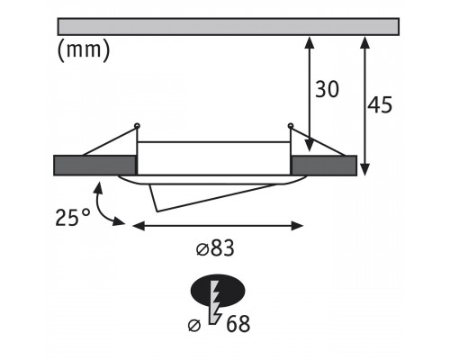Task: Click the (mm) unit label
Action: click(x=84, y=49)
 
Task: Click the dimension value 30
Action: click(x=327, y=89)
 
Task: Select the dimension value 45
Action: click(x=380, y=105)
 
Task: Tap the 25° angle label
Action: click(x=73, y=217)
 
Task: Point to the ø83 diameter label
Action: click(x=215, y=248)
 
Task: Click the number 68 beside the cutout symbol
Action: click(x=238, y=324)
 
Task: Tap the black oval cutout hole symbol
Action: click(x=218, y=290)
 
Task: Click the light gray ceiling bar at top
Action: click(x=228, y=26)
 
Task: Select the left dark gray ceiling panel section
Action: click(x=94, y=166)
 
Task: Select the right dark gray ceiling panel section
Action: click(x=324, y=166)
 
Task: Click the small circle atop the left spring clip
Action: click(x=137, y=125)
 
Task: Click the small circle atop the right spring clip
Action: click(x=290, y=125)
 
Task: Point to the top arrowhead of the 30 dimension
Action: click(x=310, y=41)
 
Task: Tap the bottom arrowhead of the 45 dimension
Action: click(x=364, y=169)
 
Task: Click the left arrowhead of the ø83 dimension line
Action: click(x=139, y=226)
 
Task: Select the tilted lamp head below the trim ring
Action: click(x=210, y=196)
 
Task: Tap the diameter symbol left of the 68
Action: click(x=194, y=326)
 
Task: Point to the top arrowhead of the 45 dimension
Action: click(x=364, y=41)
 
